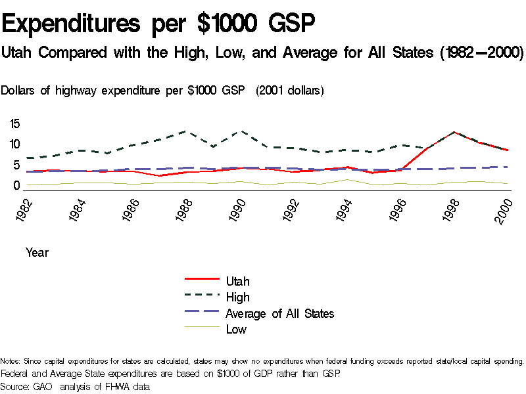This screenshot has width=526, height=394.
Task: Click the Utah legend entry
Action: point(237,281)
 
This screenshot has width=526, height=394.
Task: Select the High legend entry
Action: point(237,297)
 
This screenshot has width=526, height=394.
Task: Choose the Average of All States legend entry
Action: point(279,313)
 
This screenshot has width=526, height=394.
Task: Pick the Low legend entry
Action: point(236,330)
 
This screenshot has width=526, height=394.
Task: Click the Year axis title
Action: point(37,252)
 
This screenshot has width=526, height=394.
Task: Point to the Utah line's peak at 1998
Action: point(453,132)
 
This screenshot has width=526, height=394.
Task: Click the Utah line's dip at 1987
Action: point(158,176)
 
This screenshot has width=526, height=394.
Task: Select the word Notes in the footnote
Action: point(11,361)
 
